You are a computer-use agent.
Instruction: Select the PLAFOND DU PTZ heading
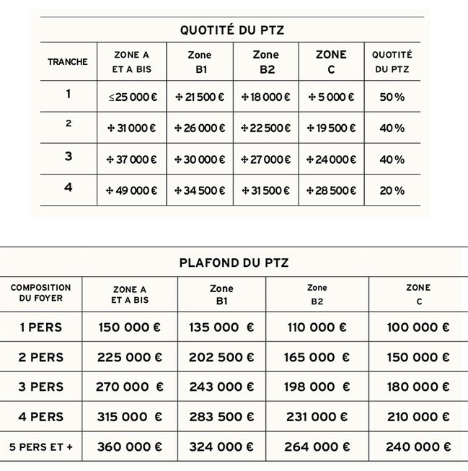click(234, 263)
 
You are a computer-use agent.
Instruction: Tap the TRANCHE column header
click(68, 62)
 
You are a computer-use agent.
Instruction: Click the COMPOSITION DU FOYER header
click(41, 294)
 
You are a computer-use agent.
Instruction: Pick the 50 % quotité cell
click(392, 97)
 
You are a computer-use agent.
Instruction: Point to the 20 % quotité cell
click(392, 190)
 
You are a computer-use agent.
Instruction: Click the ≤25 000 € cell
click(132, 97)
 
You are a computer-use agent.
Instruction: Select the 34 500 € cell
click(200, 190)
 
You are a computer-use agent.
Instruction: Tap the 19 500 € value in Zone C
click(331, 128)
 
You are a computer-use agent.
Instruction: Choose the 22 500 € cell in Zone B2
click(266, 128)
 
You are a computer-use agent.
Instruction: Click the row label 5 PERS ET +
click(41, 447)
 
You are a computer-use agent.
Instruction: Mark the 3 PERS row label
click(41, 387)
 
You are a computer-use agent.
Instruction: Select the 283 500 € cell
click(221, 417)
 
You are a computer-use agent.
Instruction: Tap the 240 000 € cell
click(418, 447)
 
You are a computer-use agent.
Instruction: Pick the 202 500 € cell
click(221, 357)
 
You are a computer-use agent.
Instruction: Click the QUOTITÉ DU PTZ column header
click(392, 62)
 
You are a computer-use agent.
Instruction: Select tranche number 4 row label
click(68, 188)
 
